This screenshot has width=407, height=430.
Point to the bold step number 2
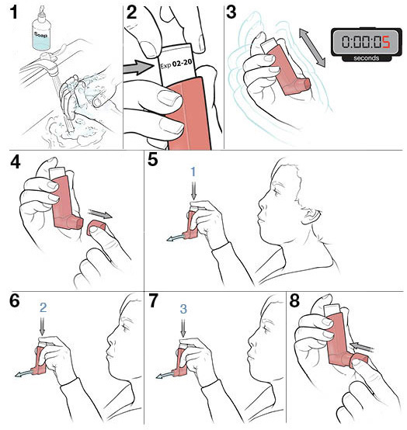(133, 12)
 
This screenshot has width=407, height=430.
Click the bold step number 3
(232, 12)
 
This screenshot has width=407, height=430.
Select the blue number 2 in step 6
(43, 307)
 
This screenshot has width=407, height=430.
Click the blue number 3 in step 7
(183, 308)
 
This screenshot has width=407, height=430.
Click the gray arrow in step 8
(360, 345)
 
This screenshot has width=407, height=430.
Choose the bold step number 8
(296, 303)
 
